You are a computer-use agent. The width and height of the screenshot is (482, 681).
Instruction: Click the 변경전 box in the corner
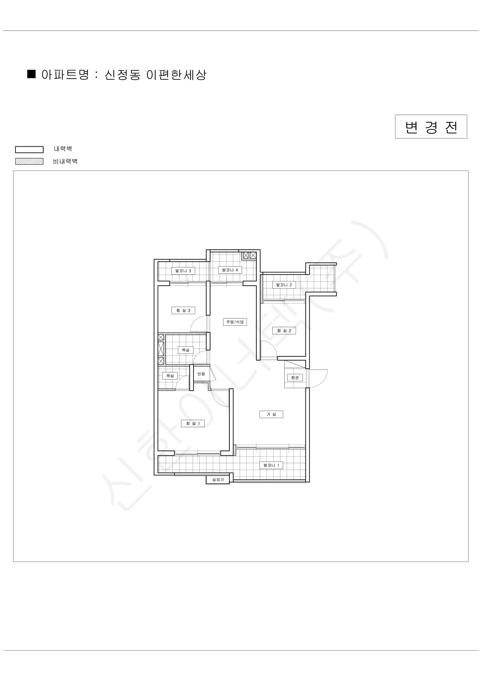point(431,127)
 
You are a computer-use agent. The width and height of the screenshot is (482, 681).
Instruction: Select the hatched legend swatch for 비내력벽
point(29,161)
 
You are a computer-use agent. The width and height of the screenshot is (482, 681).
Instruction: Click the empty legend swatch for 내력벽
point(29,149)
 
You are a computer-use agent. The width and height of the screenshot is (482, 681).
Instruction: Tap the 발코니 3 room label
point(183,271)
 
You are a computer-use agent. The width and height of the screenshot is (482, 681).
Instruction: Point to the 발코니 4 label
point(230,270)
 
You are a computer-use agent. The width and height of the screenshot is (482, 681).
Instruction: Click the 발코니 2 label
point(284,285)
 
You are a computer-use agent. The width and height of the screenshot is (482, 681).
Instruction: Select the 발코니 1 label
point(271,465)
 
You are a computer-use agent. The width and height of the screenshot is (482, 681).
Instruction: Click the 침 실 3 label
point(183,310)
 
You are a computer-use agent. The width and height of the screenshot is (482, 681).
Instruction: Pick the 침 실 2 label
point(284,330)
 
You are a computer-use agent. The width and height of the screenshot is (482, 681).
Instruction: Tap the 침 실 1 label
point(193,423)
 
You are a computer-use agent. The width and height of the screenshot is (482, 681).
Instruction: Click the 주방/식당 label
point(235,322)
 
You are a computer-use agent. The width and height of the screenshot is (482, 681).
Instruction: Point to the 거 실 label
point(271,414)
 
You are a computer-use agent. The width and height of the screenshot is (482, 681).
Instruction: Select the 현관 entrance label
point(295,377)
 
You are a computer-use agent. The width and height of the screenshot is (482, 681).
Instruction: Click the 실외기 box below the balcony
point(218,479)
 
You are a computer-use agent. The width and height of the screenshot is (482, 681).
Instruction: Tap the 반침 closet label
point(201,374)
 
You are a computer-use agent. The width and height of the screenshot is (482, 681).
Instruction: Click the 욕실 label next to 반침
point(170,375)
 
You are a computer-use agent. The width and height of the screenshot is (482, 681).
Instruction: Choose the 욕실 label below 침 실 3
point(185,350)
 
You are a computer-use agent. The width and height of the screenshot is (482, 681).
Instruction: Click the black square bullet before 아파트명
point(32,74)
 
